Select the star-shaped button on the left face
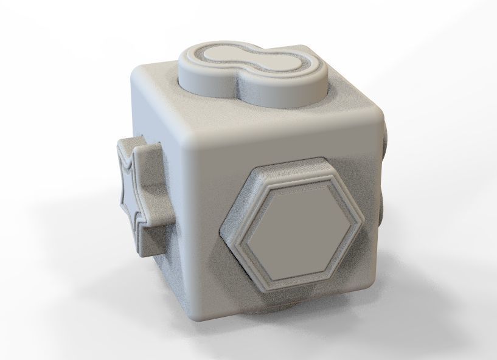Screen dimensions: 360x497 click(x=139, y=192)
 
